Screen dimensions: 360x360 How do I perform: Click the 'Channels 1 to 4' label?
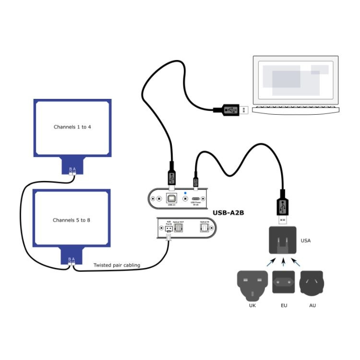pos(72,127)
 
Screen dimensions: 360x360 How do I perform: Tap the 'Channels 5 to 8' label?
pos(72,220)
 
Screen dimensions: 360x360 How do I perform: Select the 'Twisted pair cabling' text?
pos(117,265)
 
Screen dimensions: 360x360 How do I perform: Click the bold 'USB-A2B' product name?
pos(228,212)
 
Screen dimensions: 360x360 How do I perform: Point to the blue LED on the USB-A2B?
pos(185,194)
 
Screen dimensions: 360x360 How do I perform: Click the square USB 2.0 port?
pos(171,199)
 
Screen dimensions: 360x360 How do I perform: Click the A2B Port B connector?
pos(168,228)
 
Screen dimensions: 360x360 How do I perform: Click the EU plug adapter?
pos(284,282)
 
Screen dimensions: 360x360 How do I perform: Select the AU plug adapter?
pos(312,283)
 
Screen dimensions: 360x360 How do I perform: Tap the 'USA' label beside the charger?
pos(305,240)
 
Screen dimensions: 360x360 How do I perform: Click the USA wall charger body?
pos(284,240)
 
